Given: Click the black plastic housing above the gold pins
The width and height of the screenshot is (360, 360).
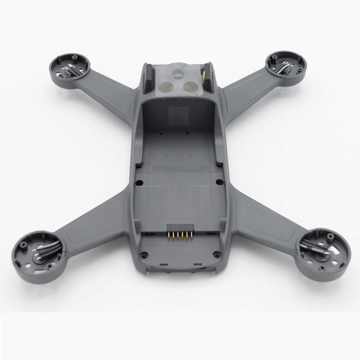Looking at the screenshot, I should [x=180, y=228].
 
